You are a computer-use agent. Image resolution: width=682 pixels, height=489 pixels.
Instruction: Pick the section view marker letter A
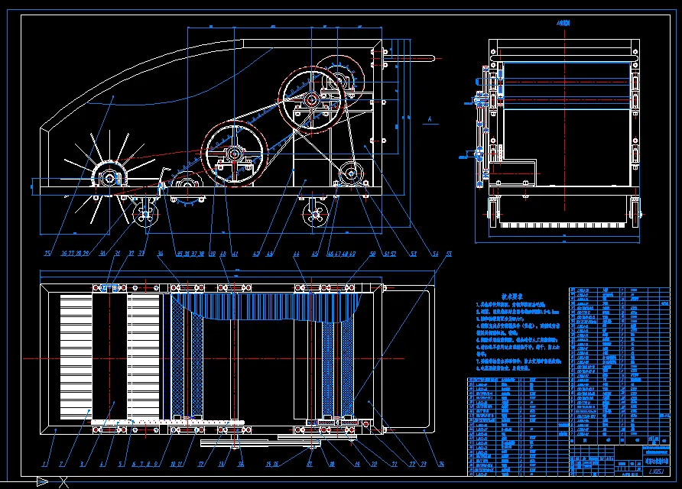(x=431, y=118)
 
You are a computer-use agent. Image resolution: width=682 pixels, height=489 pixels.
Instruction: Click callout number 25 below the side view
(x=47, y=254)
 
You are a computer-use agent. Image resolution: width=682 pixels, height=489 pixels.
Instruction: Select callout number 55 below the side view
(x=449, y=254)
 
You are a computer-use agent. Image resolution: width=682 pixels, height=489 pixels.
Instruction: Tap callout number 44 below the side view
(x=294, y=254)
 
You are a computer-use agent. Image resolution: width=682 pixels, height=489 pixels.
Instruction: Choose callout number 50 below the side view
(x=372, y=254)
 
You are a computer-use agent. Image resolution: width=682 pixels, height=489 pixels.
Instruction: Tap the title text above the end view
(x=564, y=24)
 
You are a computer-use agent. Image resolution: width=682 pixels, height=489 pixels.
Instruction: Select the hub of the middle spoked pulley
(x=311, y=99)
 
